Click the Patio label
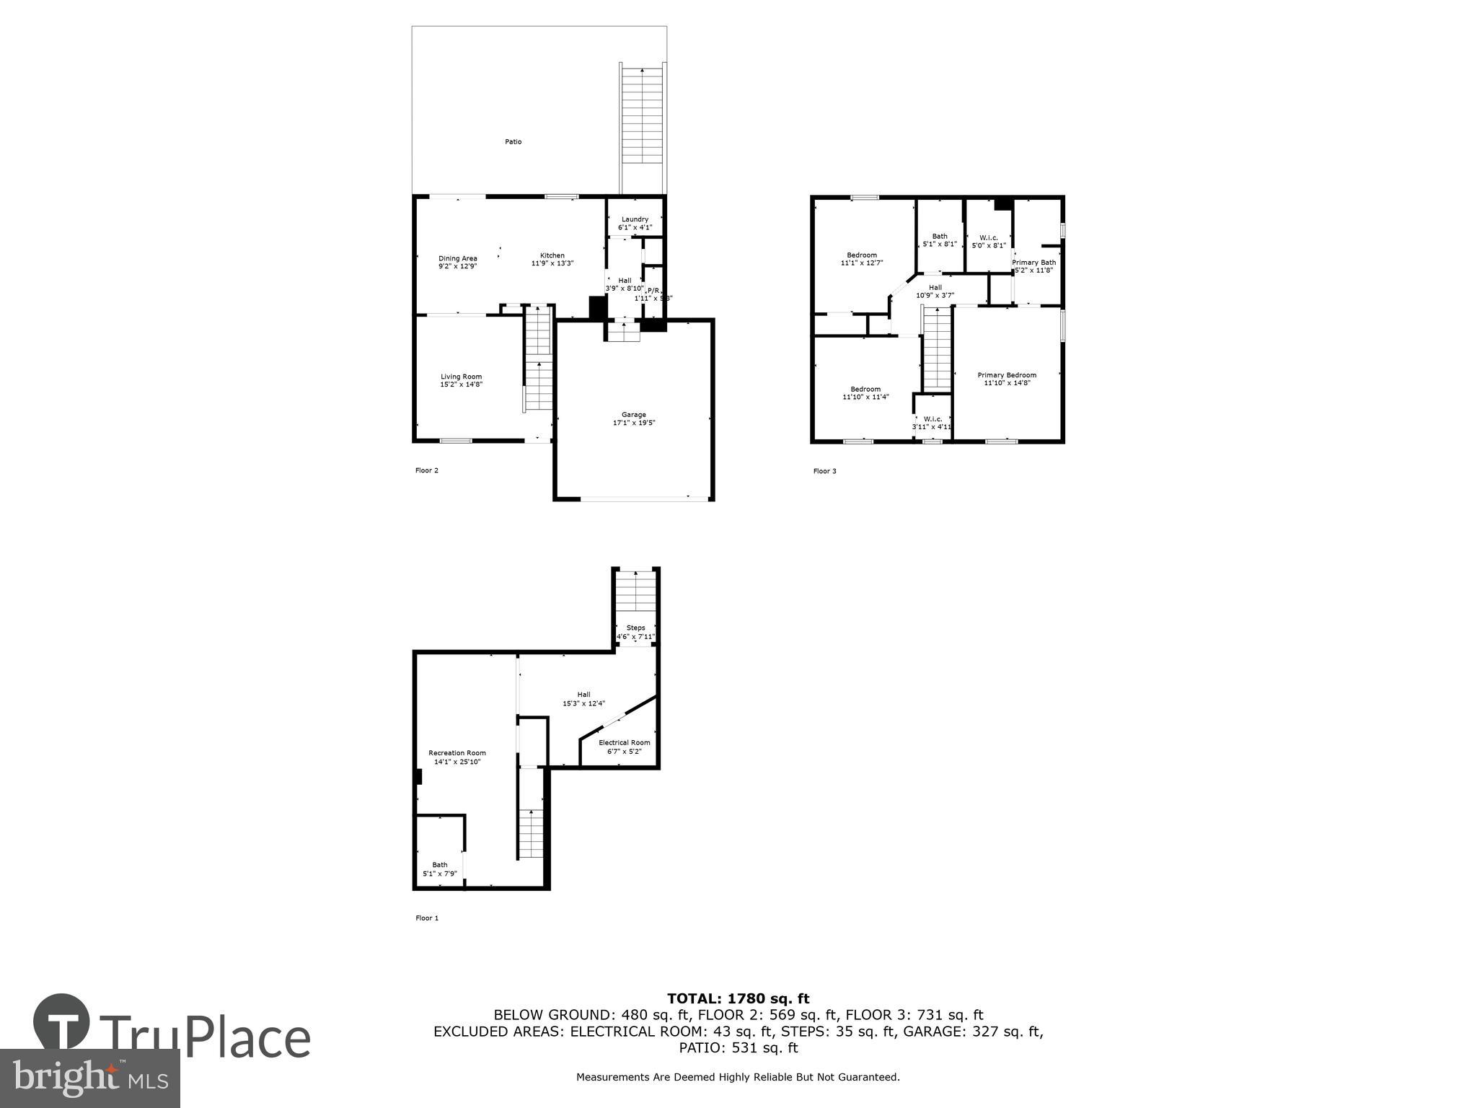tap(513, 142)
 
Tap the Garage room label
tap(634, 415)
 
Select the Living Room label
tap(461, 377)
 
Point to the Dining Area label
tap(458, 258)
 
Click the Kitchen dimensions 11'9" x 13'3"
tap(552, 264)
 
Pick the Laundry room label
tap(635, 219)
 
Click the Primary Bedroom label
tap(1007, 375)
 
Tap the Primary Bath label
tap(1033, 263)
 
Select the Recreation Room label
tap(457, 753)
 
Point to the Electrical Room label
tap(624, 743)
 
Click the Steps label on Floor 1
tap(635, 628)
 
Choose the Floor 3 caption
tap(824, 472)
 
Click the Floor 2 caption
tap(426, 471)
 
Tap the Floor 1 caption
tap(426, 918)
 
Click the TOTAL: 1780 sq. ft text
tap(738, 999)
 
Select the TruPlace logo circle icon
tap(62, 1024)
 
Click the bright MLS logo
tap(90, 1078)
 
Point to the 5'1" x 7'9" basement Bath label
tap(439, 869)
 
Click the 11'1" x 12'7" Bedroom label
tap(861, 259)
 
